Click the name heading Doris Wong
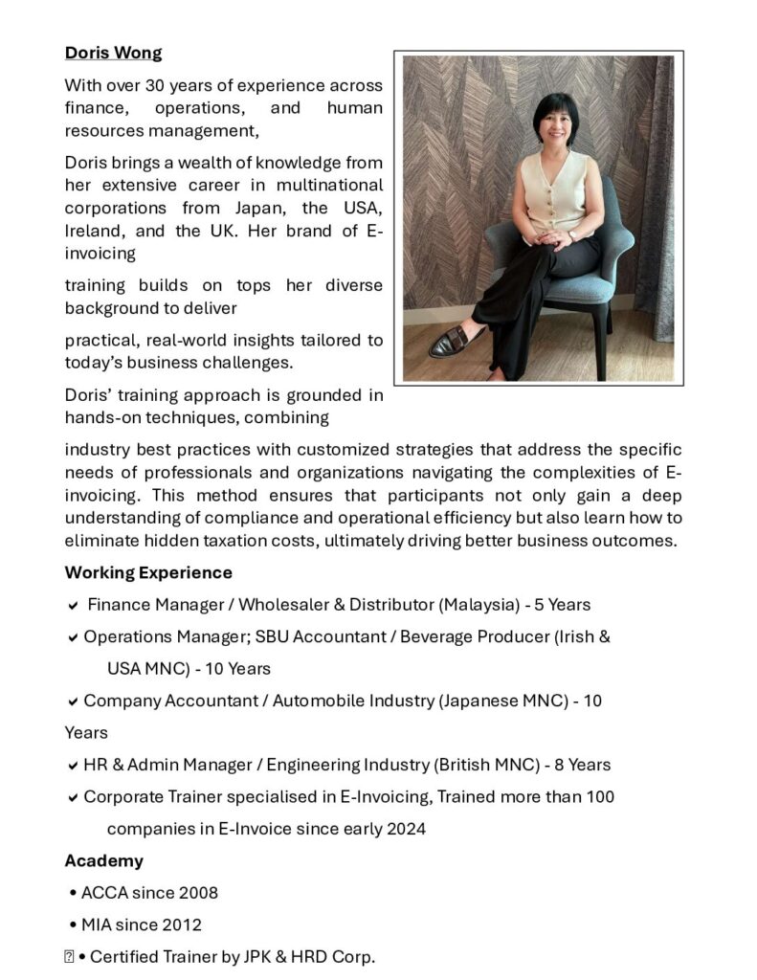(x=113, y=53)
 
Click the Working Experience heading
(x=148, y=572)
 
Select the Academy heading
(x=103, y=860)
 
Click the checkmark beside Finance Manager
(x=74, y=606)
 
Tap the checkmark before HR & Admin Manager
(x=74, y=766)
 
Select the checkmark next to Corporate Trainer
(x=74, y=797)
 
